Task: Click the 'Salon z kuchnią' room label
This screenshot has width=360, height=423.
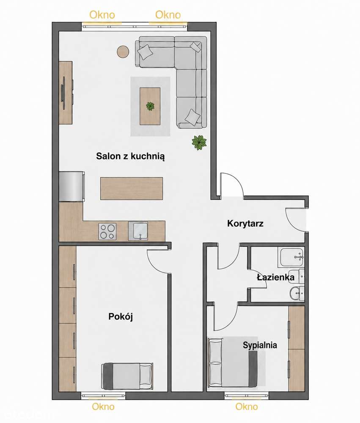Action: tap(130, 156)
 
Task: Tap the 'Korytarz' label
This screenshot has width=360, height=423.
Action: tap(245, 223)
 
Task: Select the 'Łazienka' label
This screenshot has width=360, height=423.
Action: tap(275, 277)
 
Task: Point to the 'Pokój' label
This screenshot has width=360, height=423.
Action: tap(121, 316)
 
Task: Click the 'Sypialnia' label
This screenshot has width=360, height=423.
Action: tap(260, 345)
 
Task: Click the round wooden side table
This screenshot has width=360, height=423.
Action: tap(123, 51)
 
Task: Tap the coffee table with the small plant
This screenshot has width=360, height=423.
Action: tap(150, 106)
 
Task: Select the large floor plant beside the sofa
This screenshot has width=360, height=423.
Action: tap(199, 142)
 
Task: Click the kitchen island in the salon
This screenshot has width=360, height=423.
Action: tap(132, 188)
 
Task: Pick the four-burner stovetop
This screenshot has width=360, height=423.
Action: tap(107, 231)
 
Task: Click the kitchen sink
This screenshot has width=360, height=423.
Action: tap(138, 231)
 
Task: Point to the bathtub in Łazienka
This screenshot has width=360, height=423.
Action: tap(292, 257)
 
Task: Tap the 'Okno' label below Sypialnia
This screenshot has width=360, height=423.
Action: tap(247, 406)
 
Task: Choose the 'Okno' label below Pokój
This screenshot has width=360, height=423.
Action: tap(103, 406)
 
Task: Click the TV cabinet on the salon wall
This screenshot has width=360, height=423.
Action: tap(66, 93)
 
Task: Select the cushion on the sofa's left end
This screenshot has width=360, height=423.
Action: tap(145, 52)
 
